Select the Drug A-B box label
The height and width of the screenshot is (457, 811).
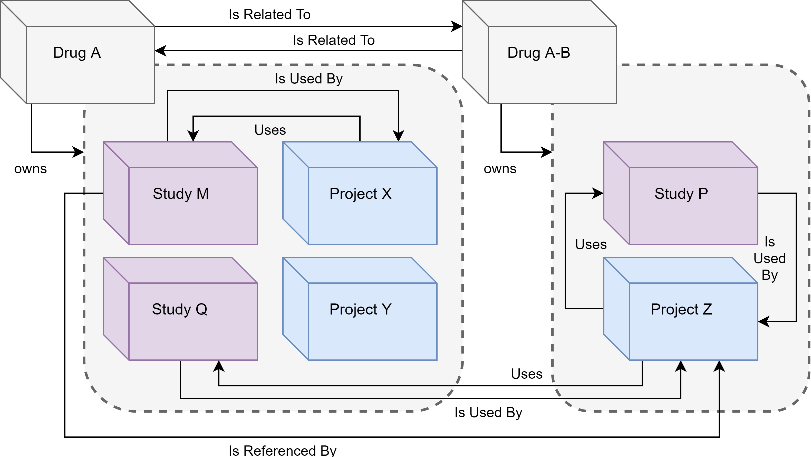point(539,53)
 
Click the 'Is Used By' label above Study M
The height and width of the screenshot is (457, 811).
point(308,79)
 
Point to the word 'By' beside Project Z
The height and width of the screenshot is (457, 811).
point(769,275)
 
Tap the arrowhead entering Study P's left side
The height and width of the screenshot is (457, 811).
point(598,193)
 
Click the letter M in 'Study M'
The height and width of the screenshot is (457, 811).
point(203,194)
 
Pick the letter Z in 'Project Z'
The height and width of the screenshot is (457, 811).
point(707,309)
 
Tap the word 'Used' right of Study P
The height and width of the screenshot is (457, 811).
point(769,259)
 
